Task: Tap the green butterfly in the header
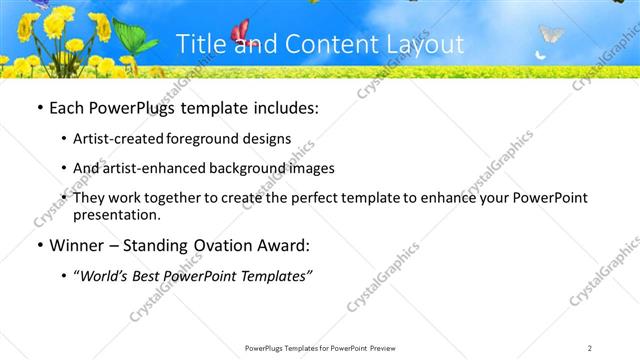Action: [x=134, y=37]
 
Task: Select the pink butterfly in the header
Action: [x=240, y=33]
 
